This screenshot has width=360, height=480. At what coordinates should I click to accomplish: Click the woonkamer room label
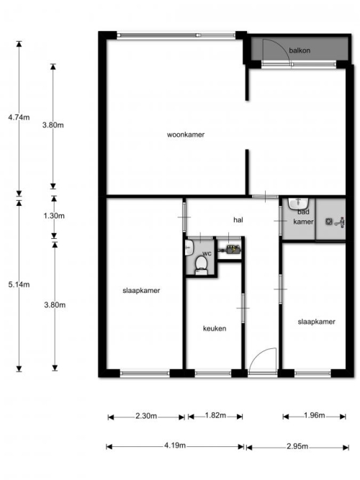pyautogui.click(x=186, y=135)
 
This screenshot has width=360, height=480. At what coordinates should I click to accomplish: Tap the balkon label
pyautogui.click(x=300, y=50)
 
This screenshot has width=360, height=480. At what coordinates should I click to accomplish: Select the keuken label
pyautogui.click(x=215, y=328)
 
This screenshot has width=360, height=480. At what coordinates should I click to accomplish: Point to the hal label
pyautogui.click(x=238, y=219)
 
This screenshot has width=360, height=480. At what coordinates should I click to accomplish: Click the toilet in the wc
pyautogui.click(x=201, y=265)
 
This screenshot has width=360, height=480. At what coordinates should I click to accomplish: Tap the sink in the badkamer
pyautogui.click(x=298, y=203)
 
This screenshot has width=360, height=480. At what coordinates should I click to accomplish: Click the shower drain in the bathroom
pyautogui.click(x=329, y=221)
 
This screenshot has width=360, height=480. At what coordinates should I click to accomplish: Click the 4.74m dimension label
pyautogui.click(x=19, y=117)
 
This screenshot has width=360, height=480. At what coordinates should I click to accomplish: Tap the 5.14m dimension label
pyautogui.click(x=19, y=285)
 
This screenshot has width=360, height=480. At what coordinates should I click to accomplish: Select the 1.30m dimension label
pyautogui.click(x=54, y=216)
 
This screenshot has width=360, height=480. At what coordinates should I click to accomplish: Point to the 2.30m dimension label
pyautogui.click(x=146, y=416)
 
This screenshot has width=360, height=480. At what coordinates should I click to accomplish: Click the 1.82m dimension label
pyautogui.click(x=215, y=415)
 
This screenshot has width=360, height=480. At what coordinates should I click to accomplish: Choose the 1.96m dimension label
pyautogui.click(x=315, y=415)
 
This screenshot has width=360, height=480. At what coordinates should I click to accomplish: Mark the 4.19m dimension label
pyautogui.click(x=175, y=445)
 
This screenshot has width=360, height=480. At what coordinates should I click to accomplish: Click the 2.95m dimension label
pyautogui.click(x=297, y=446)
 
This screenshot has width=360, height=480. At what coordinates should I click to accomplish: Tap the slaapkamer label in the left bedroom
pyautogui.click(x=141, y=291)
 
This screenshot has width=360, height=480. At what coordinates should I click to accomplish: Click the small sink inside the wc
pyautogui.click(x=189, y=247)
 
